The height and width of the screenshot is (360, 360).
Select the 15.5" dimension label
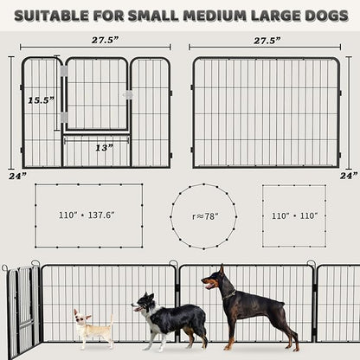tap(38, 100)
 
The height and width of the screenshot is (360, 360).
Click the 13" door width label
tap(105, 147)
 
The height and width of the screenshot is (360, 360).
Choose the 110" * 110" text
tap(294, 214)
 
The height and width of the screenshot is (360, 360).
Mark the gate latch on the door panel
tap(128, 93)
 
